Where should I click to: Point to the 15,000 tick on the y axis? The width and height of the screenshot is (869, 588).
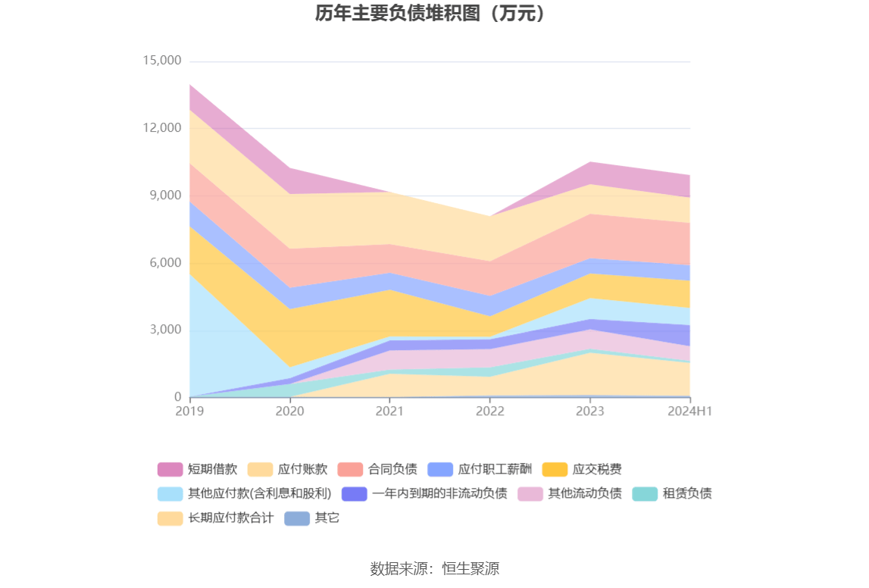click(x=161, y=61)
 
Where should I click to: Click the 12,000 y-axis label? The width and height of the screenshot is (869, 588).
click(x=161, y=128)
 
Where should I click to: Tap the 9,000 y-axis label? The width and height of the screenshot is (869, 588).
click(x=165, y=195)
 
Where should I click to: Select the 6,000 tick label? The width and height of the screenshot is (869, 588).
click(x=165, y=263)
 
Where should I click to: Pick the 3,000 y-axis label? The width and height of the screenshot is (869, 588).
click(x=165, y=330)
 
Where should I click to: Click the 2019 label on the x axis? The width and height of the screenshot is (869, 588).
click(x=189, y=411)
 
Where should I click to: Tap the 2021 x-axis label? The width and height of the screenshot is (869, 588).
click(x=389, y=411)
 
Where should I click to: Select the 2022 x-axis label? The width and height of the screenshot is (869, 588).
click(x=489, y=411)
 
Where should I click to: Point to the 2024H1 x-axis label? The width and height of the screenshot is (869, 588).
click(x=690, y=411)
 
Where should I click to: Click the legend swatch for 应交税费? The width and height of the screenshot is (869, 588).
click(x=555, y=470)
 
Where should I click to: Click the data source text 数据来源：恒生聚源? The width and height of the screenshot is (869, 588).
click(x=434, y=568)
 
